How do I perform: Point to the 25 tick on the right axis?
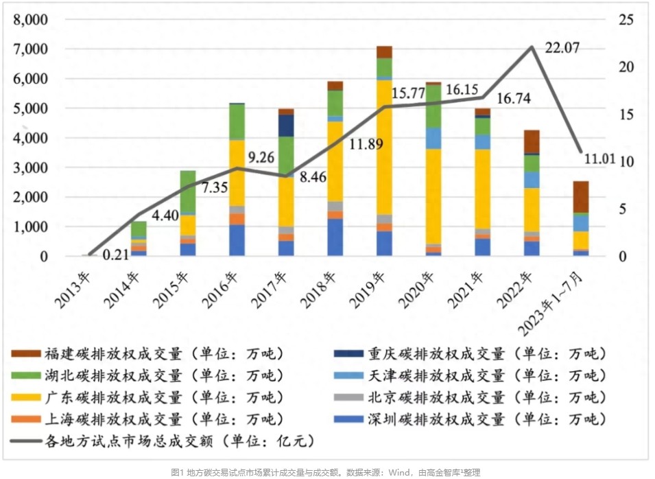coord(625,20)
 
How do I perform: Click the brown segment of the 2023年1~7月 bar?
coord(580,197)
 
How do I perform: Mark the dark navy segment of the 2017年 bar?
coord(286,126)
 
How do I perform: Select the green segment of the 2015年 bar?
coord(189,193)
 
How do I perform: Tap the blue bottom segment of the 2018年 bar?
coord(335,237)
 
